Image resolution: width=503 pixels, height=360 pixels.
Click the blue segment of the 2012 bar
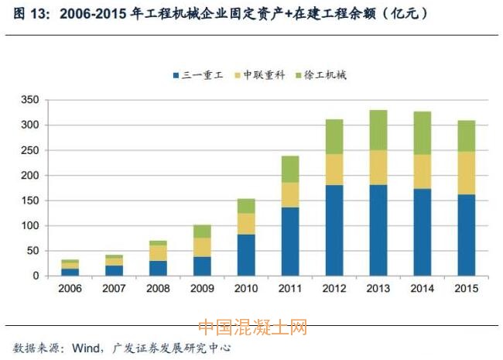pyautogui.click(x=334, y=230)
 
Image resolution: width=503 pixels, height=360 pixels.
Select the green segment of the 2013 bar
pyautogui.click(x=378, y=130)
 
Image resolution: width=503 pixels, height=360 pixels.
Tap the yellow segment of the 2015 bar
pyautogui.click(x=466, y=172)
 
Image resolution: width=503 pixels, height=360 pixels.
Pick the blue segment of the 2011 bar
pyautogui.click(x=290, y=241)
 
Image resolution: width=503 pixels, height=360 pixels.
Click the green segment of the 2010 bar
pyautogui.click(x=246, y=206)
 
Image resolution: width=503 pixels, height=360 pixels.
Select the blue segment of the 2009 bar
pyautogui.click(x=202, y=266)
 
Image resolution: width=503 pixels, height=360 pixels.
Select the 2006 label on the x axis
pyautogui.click(x=70, y=289)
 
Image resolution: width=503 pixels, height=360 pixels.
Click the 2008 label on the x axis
pyautogui.click(x=158, y=289)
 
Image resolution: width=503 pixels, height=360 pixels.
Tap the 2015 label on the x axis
pyautogui.click(x=466, y=289)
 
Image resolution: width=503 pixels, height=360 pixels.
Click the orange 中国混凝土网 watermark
pyautogui.click(x=252, y=327)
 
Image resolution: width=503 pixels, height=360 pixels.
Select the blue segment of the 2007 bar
pyautogui.click(x=115, y=270)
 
